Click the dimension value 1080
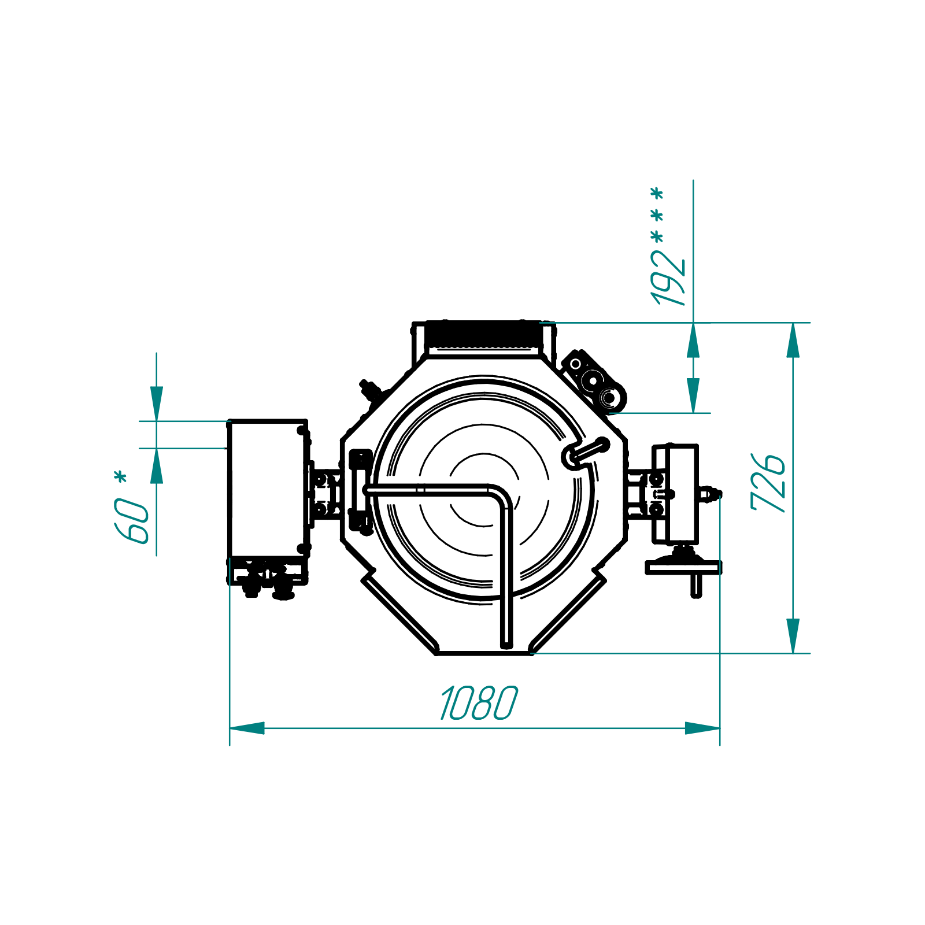coord(479,702)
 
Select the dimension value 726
coord(768,482)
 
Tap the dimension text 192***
coord(668,246)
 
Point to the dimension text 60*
coord(131,507)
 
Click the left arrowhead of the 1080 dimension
coord(247,728)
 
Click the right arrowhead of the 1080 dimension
coord(702,728)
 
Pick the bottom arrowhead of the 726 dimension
coord(793,636)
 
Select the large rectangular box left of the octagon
coord(267,489)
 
